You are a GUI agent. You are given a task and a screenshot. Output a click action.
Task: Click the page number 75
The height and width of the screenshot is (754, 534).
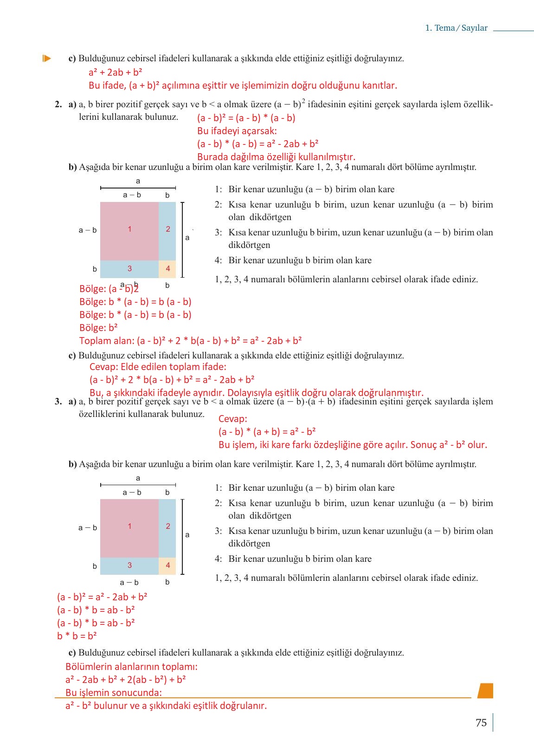pos(481,722)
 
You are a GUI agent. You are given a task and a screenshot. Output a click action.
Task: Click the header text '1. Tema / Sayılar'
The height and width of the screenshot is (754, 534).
pos(456,28)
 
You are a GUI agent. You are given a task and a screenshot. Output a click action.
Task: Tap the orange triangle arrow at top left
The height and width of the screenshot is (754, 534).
pos(46,58)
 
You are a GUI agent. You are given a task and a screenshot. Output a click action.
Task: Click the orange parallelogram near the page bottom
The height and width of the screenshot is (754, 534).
pos(485,690)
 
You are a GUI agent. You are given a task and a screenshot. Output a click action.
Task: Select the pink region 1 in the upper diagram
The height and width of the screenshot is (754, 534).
pos(129,231)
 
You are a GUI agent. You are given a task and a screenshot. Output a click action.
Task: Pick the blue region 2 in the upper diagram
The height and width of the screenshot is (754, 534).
pos(167,231)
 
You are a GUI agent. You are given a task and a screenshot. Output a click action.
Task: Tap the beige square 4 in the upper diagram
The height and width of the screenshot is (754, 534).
pos(167,269)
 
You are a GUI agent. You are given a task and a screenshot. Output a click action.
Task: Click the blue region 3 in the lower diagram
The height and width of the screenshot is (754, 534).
pos(129,565)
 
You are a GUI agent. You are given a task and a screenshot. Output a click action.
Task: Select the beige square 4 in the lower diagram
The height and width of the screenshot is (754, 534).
pos(167,565)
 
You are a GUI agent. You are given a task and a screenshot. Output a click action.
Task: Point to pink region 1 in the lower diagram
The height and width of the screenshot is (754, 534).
pos(129,528)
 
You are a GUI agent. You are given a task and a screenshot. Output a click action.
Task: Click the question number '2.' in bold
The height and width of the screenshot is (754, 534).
pos(58,104)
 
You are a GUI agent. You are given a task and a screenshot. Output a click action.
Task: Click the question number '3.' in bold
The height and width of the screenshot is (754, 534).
pos(58,402)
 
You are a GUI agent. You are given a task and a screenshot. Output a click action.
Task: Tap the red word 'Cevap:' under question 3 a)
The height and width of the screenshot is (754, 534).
pos(232,419)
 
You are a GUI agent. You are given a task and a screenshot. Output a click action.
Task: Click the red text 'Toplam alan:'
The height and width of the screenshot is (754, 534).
pos(107,341)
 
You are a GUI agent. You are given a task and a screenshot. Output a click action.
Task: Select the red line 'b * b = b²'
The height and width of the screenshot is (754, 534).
pos(77,636)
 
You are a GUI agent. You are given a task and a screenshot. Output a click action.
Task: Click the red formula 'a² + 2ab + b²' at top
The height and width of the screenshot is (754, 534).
pos(115,72)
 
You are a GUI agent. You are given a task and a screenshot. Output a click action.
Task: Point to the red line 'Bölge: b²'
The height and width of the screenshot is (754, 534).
pos(98,328)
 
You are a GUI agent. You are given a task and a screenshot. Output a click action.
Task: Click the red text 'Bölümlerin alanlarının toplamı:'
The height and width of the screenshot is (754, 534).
pos(131,667)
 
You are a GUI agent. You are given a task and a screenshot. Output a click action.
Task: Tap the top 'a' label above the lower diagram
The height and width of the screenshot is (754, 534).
pos(138,478)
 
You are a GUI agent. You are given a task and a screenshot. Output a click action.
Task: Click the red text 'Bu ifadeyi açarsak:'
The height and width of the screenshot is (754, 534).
pos(237,131)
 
